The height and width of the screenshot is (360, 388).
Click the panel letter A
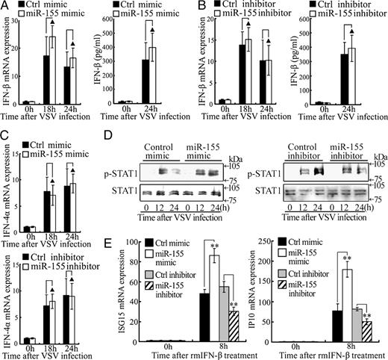(5, 7)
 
